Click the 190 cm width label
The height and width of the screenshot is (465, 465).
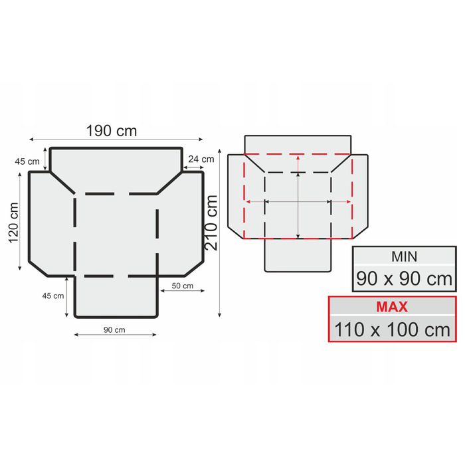[x=112, y=131]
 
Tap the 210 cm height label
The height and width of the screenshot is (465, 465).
[x=211, y=223]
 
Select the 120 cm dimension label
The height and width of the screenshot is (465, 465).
[x=14, y=223]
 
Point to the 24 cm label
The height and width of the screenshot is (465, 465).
[x=201, y=159]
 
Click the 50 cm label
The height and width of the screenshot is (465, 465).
[x=183, y=286]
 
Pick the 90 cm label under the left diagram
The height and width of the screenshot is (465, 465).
[x=114, y=329]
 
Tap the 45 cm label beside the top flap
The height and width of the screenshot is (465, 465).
[x=27, y=161]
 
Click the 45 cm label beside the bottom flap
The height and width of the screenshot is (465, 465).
[x=53, y=296]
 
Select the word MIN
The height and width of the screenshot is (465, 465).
[x=404, y=257]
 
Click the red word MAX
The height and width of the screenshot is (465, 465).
[x=392, y=307]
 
